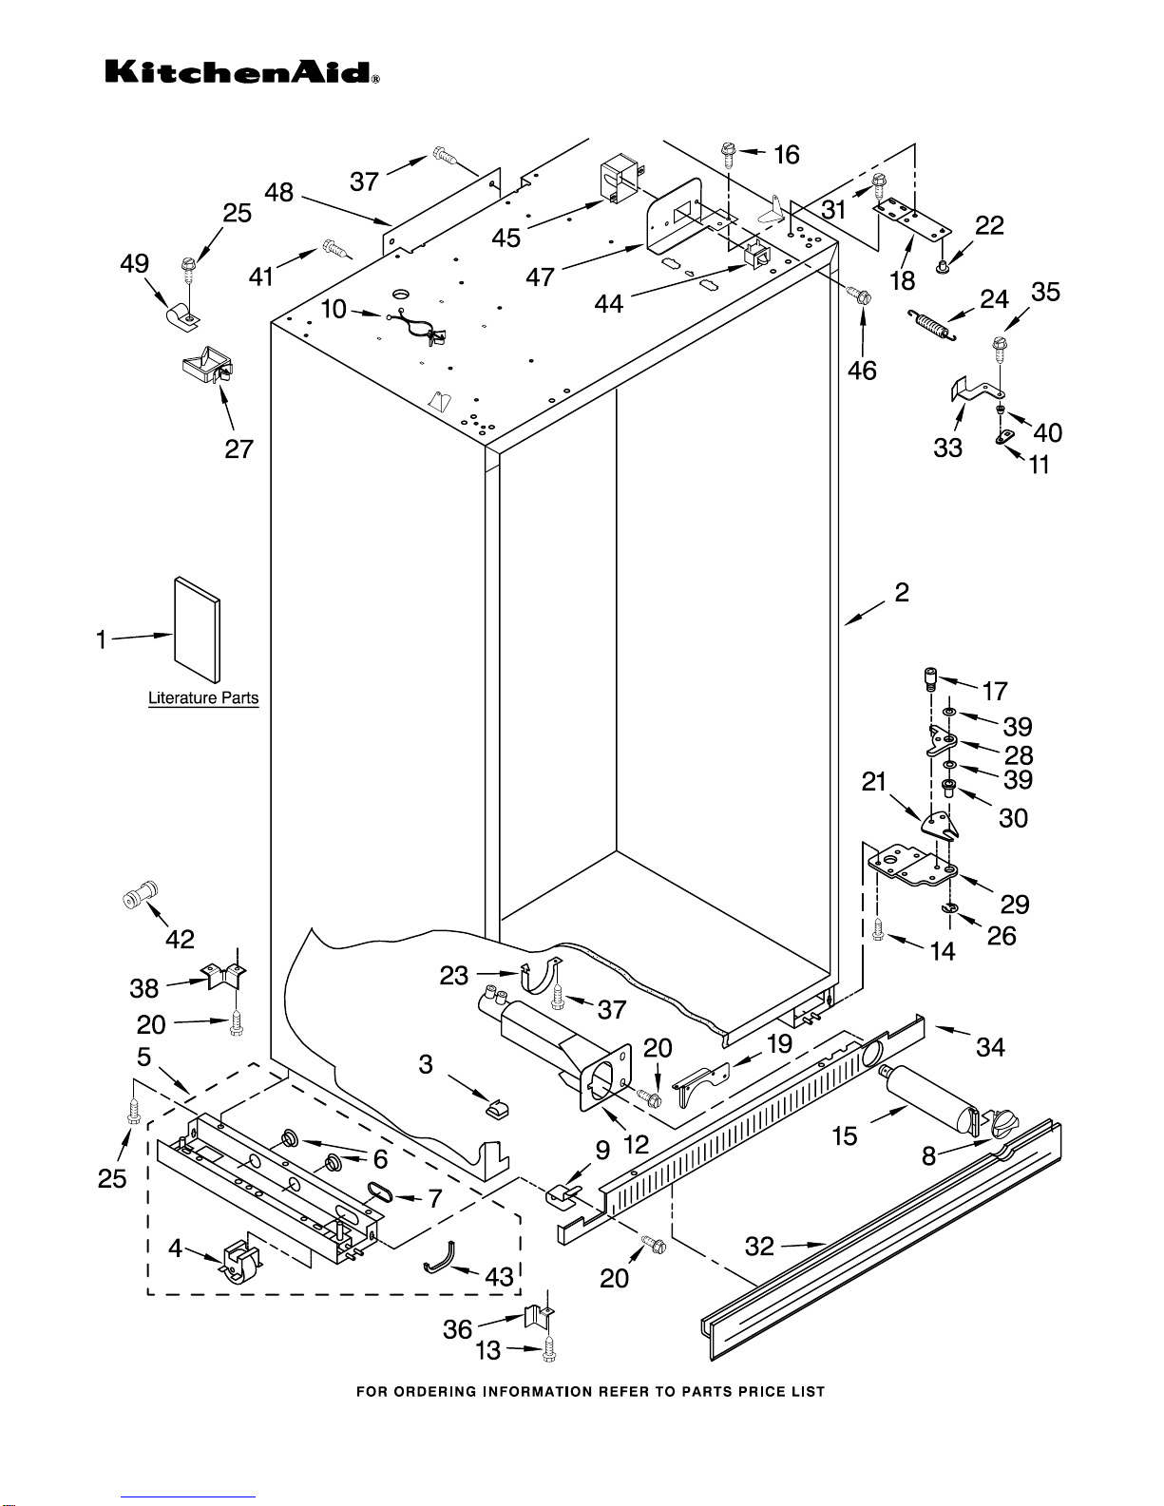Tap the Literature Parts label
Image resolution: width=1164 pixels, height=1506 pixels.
tap(203, 698)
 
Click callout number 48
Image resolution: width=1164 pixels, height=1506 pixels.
tap(278, 193)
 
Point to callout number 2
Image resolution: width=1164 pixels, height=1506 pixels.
tap(902, 593)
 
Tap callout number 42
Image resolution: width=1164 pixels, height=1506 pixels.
tap(180, 939)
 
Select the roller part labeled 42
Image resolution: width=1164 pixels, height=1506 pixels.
tap(141, 895)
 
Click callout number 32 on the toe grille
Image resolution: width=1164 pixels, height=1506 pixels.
tap(760, 1246)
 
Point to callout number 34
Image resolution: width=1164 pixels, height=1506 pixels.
tap(990, 1047)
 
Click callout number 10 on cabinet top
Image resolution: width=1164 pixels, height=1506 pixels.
tap(334, 309)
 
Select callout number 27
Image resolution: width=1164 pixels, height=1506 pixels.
tap(239, 448)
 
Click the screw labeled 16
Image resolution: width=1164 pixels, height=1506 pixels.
tap(728, 152)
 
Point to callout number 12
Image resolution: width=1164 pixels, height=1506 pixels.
tap(635, 1145)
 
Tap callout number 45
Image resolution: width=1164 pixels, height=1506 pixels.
tap(506, 238)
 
